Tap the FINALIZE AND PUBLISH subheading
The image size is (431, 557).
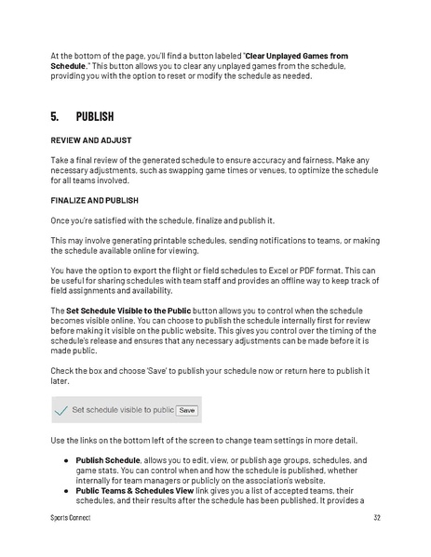click(x=94, y=200)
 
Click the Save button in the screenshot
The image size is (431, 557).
click(x=187, y=409)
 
